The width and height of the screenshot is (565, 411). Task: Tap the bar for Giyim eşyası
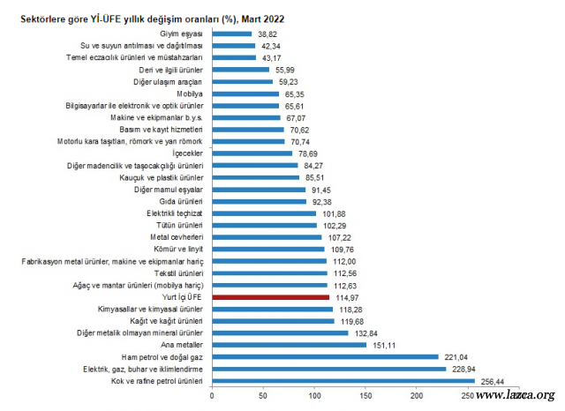click(x=230, y=33)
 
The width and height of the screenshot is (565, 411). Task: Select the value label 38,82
click(x=268, y=33)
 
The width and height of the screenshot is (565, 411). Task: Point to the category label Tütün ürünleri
click(x=178, y=225)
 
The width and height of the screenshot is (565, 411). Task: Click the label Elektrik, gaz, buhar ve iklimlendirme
click(x=144, y=370)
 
